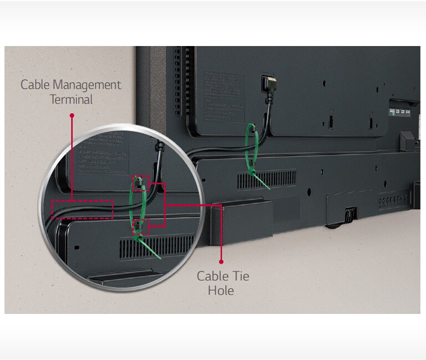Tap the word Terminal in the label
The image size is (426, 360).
[71, 100]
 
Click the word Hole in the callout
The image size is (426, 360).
[221, 290]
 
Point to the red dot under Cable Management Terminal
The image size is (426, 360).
[72, 115]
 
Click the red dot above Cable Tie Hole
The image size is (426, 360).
[221, 261]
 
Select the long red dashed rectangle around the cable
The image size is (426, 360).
[82, 209]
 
